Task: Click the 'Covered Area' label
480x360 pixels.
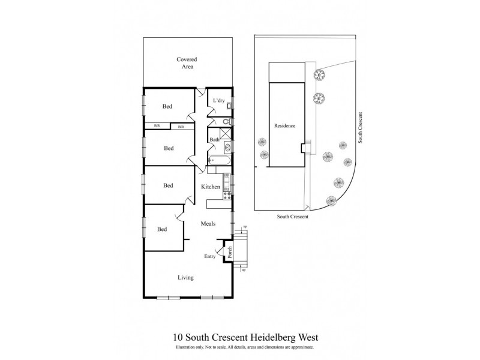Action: (187, 63)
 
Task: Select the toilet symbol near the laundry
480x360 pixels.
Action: (227, 121)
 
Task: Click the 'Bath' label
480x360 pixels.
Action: (214, 140)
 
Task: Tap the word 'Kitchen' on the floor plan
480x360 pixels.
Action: (211, 187)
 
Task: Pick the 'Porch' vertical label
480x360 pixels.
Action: (229, 252)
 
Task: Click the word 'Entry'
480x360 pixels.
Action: (209, 257)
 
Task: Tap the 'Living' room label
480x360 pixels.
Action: (185, 278)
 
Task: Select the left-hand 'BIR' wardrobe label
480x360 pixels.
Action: (157, 126)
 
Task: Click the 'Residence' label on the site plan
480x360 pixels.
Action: (284, 126)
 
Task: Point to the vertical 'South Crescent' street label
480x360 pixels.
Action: (361, 127)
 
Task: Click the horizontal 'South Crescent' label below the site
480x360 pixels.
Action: (292, 217)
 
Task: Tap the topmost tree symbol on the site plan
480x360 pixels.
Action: (319, 75)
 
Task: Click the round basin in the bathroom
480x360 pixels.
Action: (227, 148)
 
